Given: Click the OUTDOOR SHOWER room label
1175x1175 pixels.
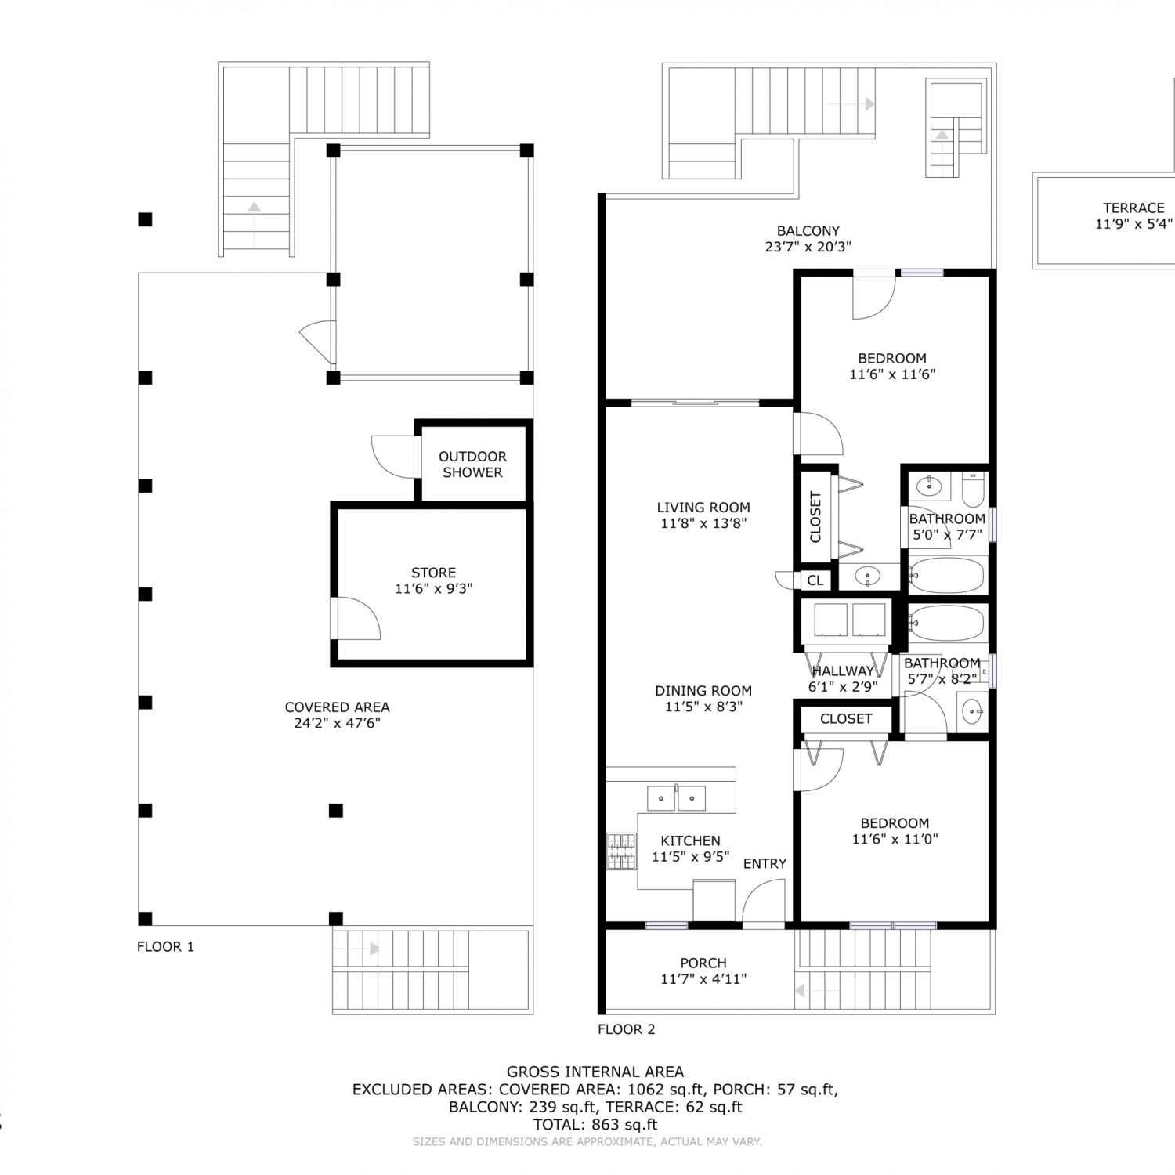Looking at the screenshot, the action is [472, 465].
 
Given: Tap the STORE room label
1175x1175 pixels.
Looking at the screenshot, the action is [433, 573].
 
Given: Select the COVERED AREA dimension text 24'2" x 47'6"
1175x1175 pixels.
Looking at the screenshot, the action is [337, 723].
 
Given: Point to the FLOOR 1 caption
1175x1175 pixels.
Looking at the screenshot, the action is [165, 946].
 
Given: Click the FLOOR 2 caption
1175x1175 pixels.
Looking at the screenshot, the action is [626, 1029].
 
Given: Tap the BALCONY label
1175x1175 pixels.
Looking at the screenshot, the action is [808, 231].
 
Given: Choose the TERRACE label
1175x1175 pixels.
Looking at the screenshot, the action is [1133, 208].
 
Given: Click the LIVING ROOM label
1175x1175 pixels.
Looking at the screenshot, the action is [703, 507].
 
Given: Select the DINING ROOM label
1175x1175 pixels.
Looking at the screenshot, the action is [703, 690].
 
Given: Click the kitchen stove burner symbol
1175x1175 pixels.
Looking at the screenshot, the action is [621, 851].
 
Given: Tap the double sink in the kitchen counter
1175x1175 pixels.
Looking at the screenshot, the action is [676, 798].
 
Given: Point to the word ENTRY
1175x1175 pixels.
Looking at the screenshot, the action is [765, 863].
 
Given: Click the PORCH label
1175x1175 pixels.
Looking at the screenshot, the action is [703, 963].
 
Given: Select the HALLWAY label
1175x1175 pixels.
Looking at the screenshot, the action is [843, 671].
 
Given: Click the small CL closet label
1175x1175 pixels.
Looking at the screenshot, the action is [815, 580].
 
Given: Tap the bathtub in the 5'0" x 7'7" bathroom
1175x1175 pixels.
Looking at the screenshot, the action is [946, 576].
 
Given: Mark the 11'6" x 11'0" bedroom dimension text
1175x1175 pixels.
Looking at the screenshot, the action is [895, 839].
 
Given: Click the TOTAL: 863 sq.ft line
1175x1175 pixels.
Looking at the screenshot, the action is [595, 1124].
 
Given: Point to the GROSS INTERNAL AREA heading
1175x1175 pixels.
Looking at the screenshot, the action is [595, 1072].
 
